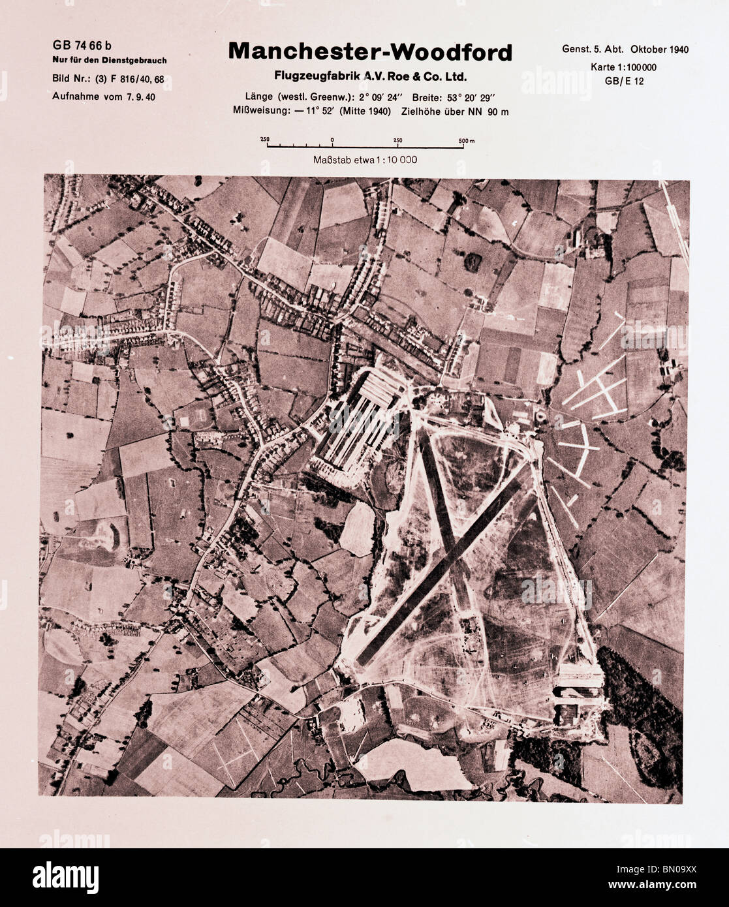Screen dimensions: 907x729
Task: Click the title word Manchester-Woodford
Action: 370,52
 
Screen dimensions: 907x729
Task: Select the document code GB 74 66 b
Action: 82,45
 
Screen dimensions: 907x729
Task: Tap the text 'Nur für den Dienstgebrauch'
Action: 109,61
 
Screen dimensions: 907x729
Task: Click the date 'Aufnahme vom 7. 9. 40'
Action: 104,97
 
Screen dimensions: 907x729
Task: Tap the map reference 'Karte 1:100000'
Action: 623,67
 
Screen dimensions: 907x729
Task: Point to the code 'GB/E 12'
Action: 625,81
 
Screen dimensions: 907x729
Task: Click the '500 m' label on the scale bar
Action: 466,140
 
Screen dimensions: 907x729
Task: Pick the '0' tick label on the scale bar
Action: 332,140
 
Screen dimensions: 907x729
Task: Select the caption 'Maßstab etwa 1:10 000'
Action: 365,159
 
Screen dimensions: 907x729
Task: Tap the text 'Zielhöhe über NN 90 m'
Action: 455,112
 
